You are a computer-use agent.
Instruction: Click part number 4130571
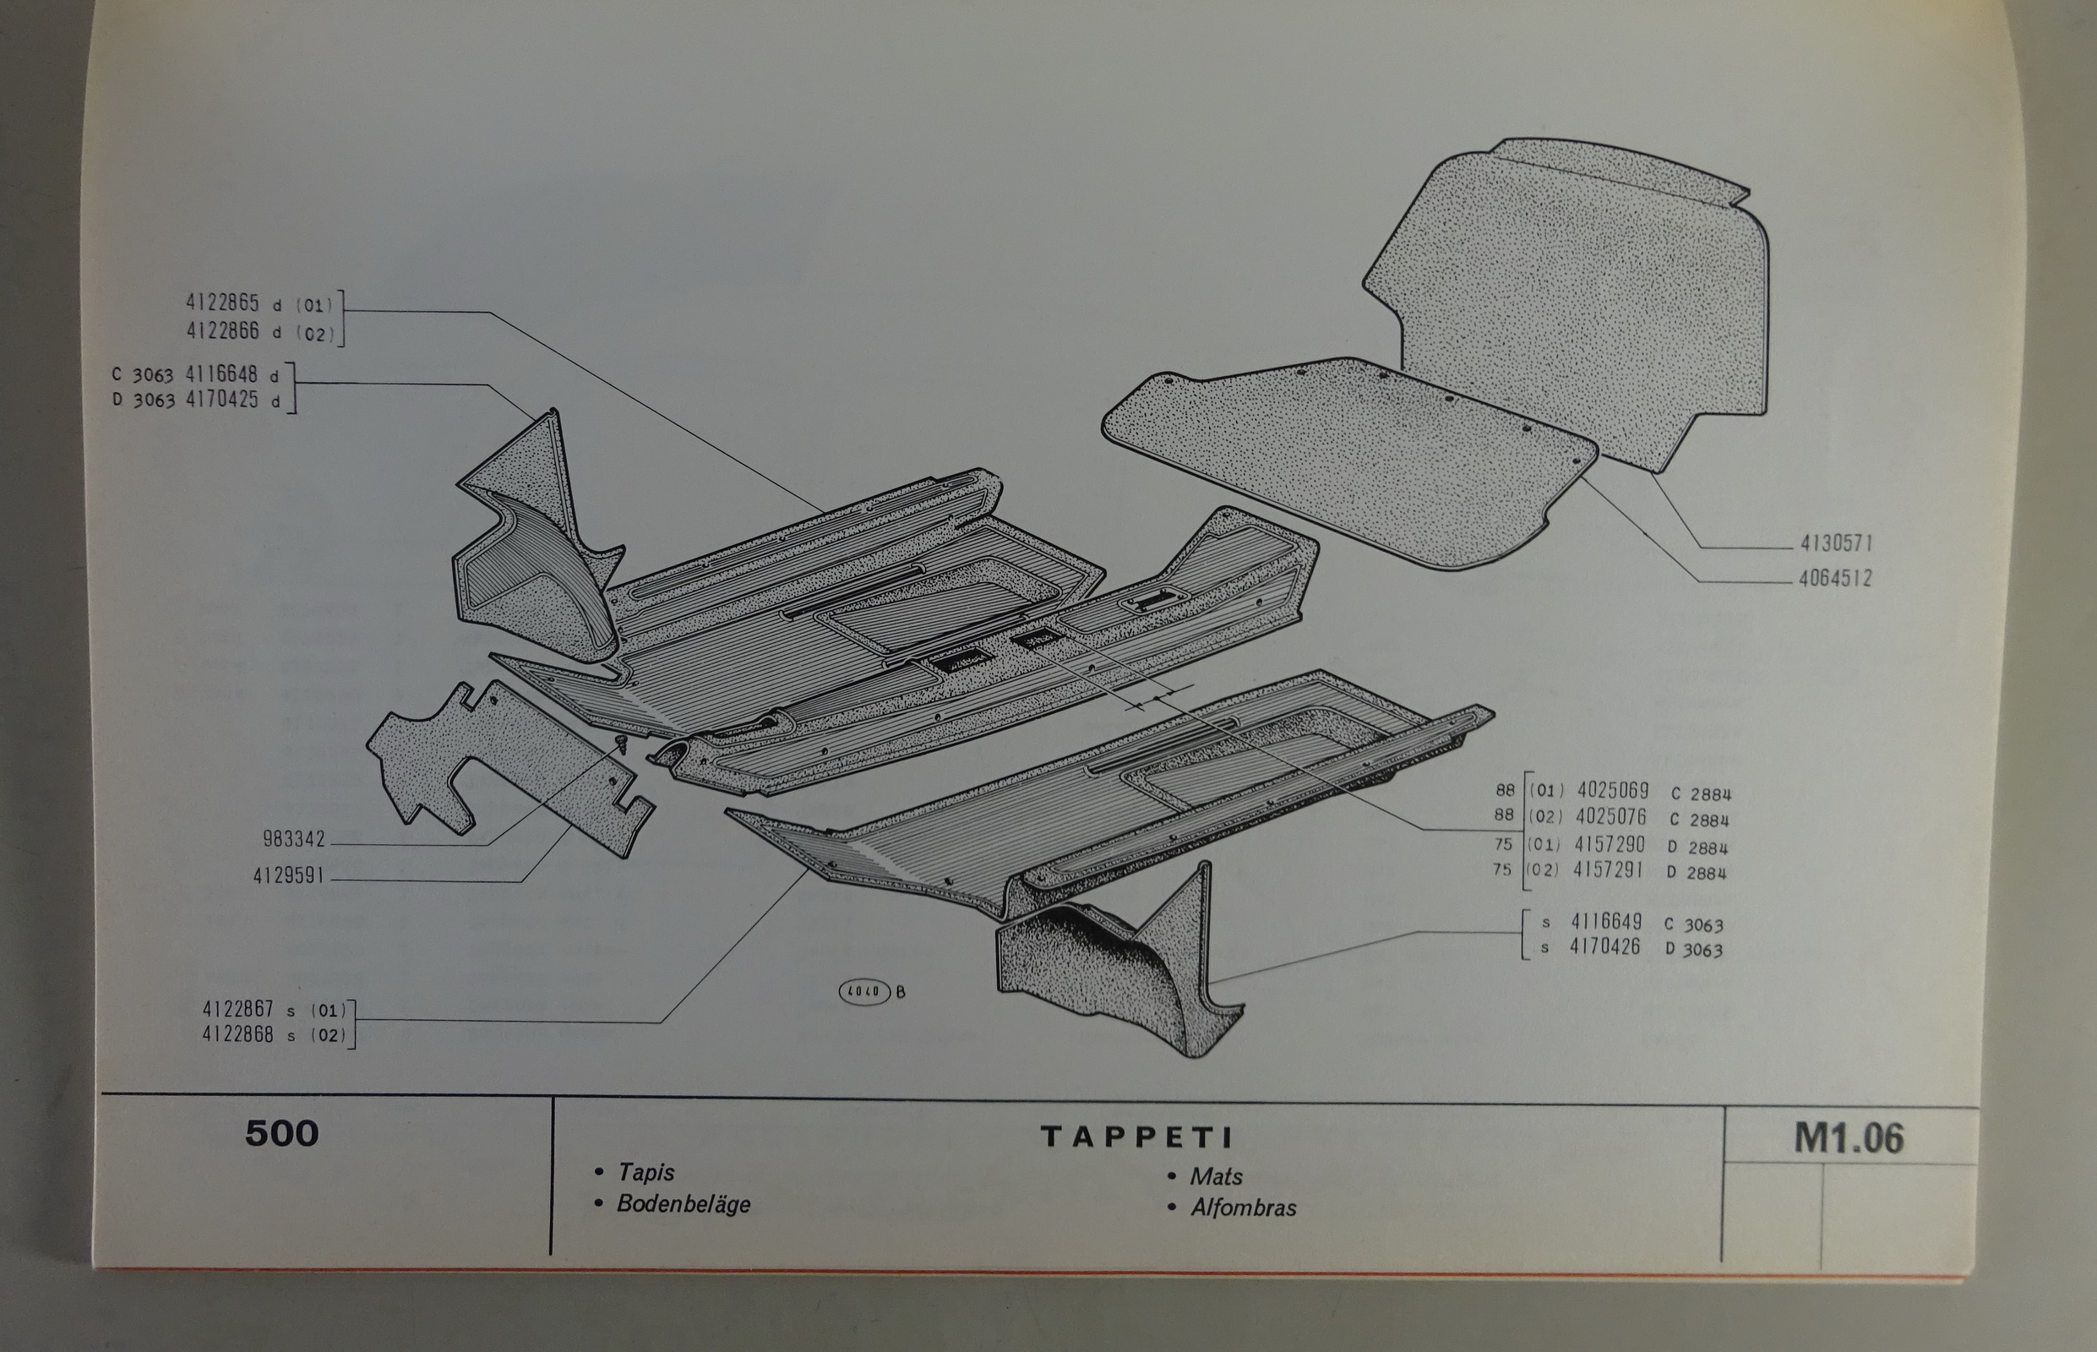click(1836, 543)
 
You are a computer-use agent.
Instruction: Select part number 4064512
click(1833, 579)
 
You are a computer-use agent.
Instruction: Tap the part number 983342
click(294, 839)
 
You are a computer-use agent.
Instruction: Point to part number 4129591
click(289, 875)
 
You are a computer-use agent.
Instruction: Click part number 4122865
click(222, 303)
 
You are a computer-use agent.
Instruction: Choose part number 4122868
click(238, 1034)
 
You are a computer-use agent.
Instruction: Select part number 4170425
click(221, 401)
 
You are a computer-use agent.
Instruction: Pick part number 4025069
click(1613, 790)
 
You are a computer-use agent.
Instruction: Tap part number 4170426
click(1604, 946)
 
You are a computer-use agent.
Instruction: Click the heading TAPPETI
click(1136, 1137)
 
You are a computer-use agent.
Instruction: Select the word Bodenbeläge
click(684, 1203)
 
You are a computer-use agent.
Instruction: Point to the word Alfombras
click(1243, 1208)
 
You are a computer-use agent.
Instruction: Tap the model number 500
click(281, 1133)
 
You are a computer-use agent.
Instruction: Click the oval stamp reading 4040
click(865, 991)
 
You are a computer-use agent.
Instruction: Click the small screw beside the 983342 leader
click(623, 746)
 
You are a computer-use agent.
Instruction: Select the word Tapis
click(646, 1173)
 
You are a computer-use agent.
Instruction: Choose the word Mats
click(1216, 1176)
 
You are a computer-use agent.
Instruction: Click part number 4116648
click(221, 375)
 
